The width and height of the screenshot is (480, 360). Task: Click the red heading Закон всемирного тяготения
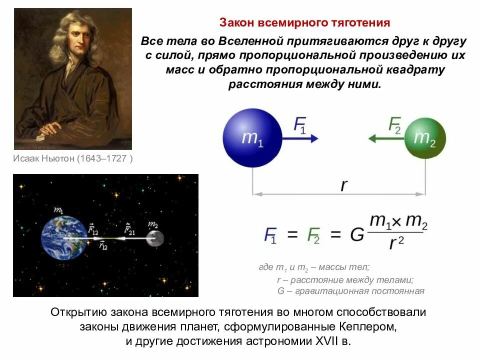[304, 23]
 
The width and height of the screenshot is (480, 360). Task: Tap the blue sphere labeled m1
[252, 138]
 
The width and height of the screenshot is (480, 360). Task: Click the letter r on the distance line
[343, 185]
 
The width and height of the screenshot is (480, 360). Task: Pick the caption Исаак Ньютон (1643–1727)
[73, 159]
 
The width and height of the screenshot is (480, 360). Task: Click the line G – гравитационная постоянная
[350, 291]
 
